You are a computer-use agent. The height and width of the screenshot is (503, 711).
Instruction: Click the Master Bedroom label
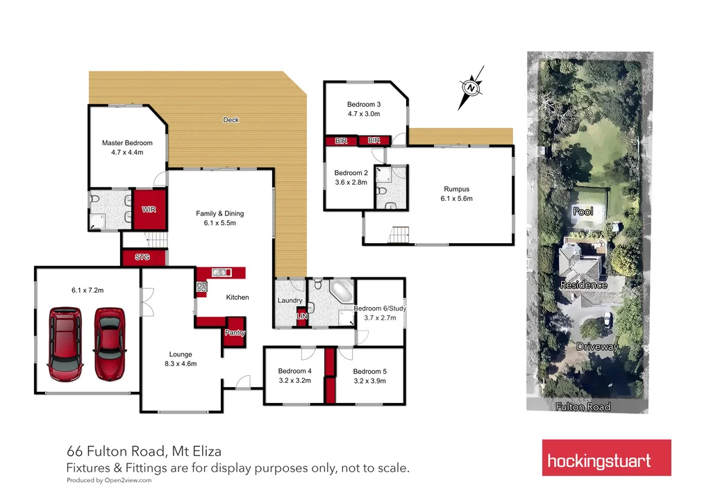[127, 147]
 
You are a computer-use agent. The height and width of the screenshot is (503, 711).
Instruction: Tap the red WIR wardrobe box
[149, 209]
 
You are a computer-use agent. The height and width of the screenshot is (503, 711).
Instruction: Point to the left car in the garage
[65, 340]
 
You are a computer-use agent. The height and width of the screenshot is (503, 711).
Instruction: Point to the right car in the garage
[110, 340]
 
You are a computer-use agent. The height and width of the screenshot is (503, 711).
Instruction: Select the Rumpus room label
[456, 193]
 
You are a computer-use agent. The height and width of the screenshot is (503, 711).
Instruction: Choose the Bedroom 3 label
[364, 108]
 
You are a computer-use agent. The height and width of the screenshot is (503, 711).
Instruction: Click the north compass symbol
[471, 88]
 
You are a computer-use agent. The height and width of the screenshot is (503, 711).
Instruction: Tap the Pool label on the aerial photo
[584, 211]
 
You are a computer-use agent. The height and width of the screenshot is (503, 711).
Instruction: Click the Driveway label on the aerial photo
[596, 346]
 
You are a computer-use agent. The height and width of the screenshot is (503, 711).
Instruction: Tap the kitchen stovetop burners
[203, 287]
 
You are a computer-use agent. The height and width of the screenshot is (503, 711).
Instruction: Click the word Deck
[231, 120]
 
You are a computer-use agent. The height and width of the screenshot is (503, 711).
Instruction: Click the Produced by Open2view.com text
[109, 480]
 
